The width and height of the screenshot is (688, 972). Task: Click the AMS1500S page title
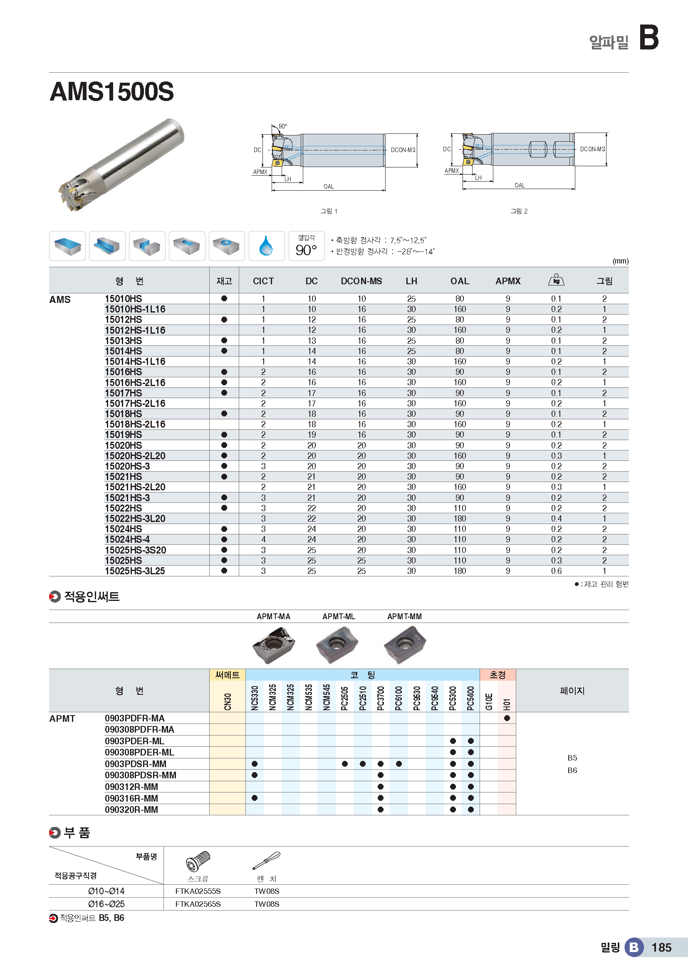[112, 91]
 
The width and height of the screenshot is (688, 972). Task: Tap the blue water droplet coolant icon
[266, 246]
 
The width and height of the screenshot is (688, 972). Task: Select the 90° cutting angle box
[306, 246]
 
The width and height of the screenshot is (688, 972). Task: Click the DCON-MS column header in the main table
[361, 281]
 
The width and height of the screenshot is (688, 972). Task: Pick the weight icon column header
[556, 280]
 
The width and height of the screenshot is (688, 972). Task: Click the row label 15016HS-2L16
[135, 383]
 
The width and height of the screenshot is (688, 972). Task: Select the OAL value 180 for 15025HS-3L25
[460, 571]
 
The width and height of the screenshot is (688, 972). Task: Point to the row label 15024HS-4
[127, 539]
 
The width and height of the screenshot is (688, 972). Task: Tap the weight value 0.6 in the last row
[556, 571]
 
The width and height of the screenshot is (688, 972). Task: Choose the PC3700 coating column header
[381, 698]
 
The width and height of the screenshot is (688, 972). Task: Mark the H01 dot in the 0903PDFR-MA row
[507, 718]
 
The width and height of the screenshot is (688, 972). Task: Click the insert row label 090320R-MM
[131, 810]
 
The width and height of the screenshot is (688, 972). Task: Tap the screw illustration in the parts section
[198, 861]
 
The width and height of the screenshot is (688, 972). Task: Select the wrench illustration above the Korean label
[267, 860]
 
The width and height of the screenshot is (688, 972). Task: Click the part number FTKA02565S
[198, 904]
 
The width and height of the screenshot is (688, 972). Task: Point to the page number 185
[661, 947]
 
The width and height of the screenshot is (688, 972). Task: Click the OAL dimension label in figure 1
[329, 187]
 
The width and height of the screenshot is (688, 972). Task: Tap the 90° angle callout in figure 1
[282, 126]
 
